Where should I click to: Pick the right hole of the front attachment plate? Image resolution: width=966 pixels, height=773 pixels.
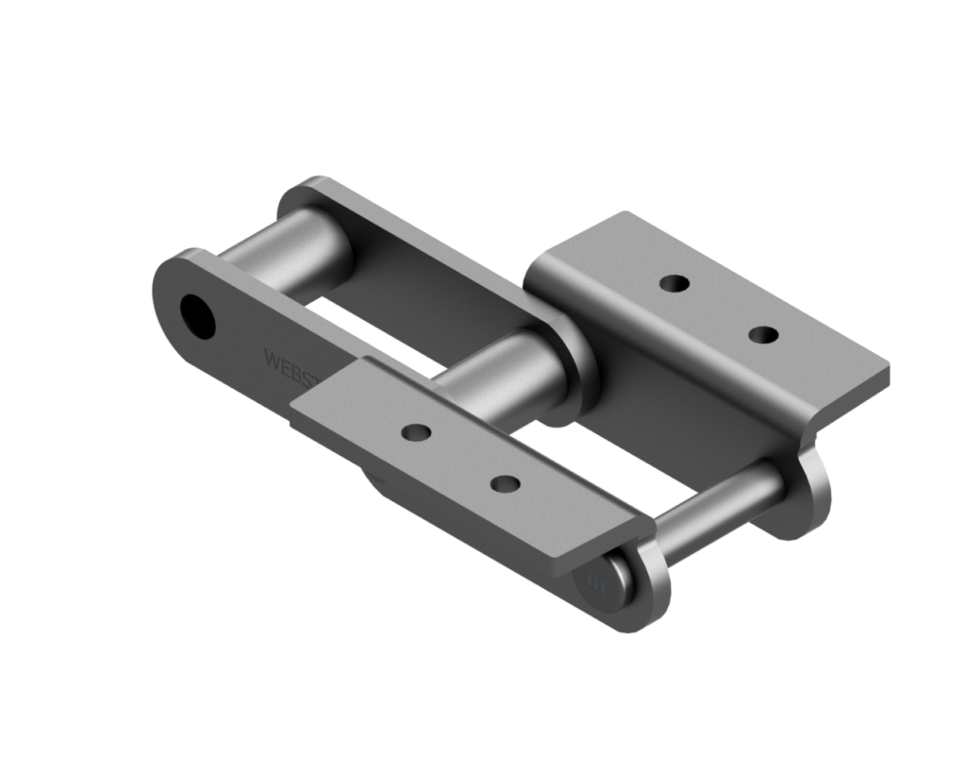pos(507,484)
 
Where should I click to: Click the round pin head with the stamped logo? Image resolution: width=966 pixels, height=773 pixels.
pos(604,586)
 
